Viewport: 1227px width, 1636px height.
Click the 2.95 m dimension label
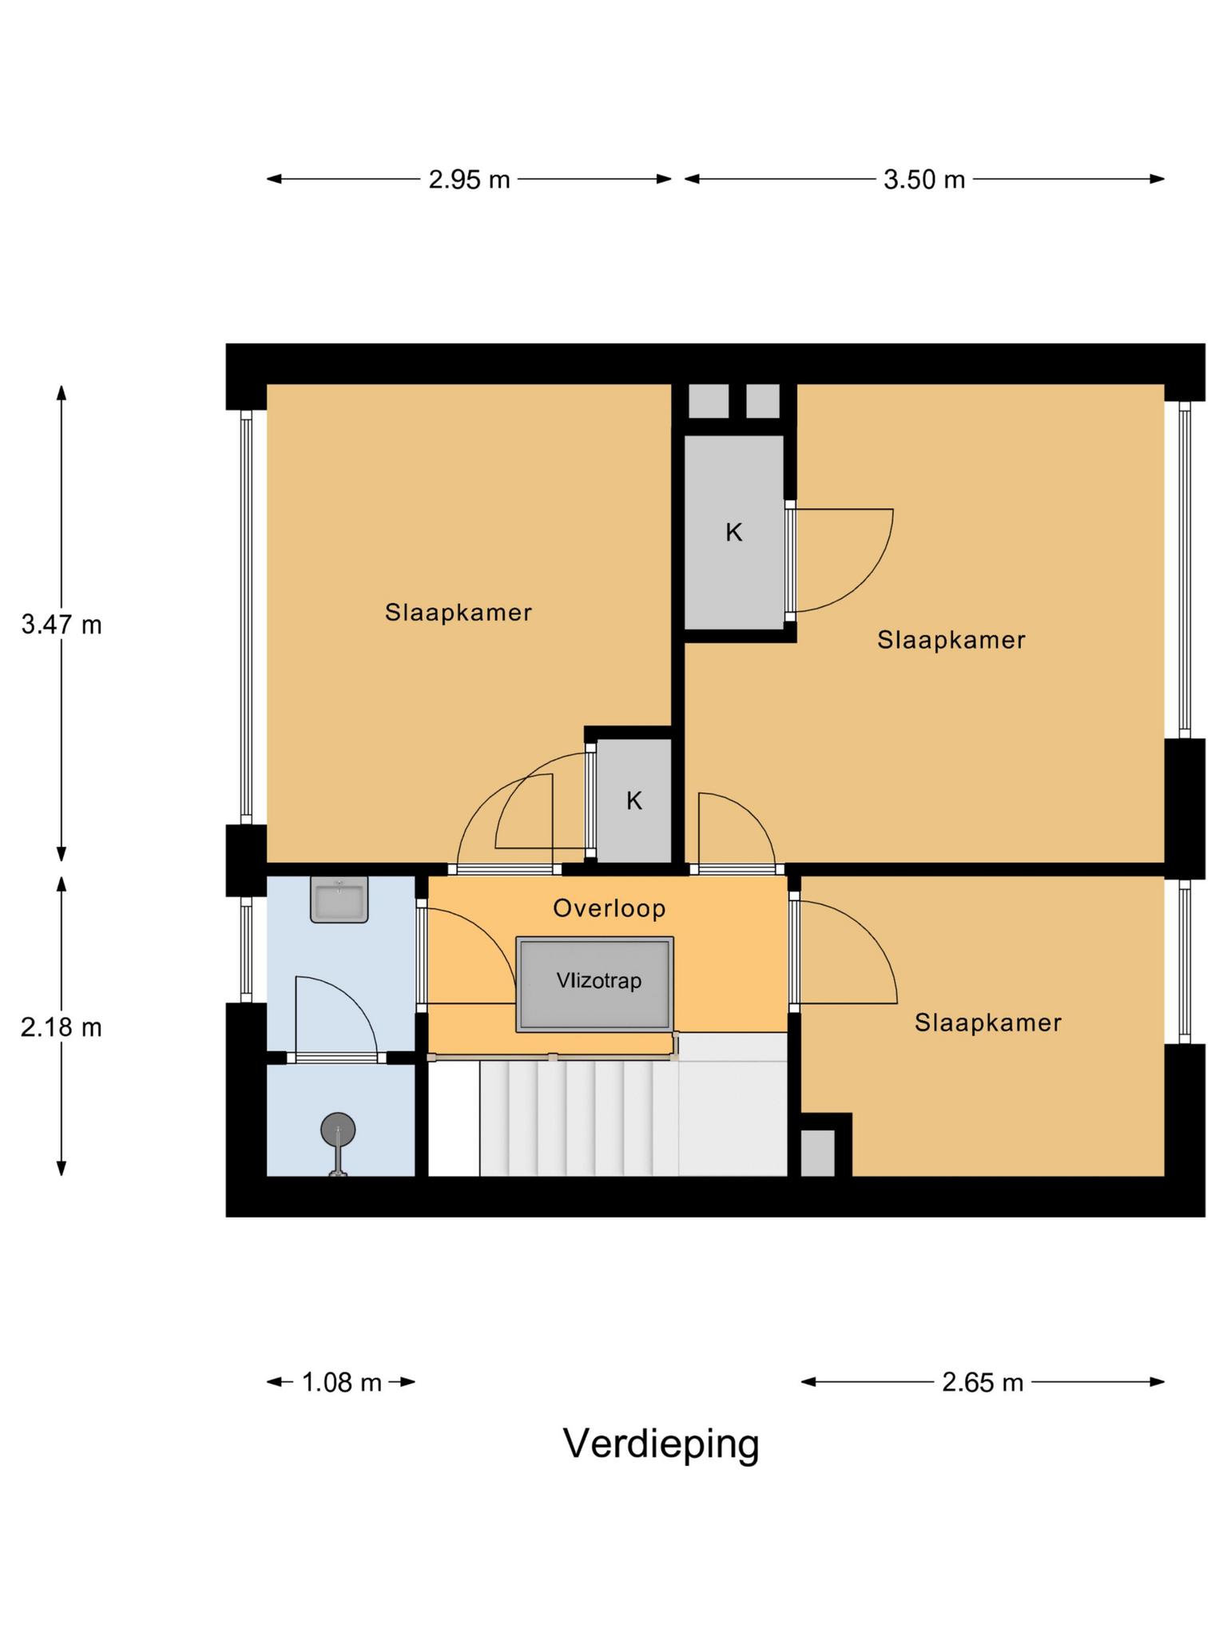tap(469, 180)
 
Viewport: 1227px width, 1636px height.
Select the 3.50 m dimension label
tap(924, 180)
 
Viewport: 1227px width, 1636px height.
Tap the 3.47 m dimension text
tap(62, 624)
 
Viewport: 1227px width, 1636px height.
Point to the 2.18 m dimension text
tap(62, 1027)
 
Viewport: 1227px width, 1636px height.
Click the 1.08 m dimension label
tap(341, 1382)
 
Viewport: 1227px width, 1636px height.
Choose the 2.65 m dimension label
tap(982, 1382)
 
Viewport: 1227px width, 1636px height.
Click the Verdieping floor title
tap(661, 1443)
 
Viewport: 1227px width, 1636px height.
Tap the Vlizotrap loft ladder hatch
tap(594, 984)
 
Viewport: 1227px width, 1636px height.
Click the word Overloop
tap(609, 908)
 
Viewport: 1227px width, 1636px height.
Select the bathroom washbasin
tap(339, 900)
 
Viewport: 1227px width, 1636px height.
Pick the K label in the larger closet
tap(733, 533)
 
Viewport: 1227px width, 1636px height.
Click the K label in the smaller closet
tap(633, 800)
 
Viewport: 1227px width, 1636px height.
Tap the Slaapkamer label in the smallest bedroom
tap(987, 1022)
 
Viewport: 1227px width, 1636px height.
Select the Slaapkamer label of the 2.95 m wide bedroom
tap(458, 613)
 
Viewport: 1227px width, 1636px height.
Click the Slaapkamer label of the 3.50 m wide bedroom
tap(951, 640)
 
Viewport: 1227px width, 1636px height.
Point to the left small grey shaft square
tap(709, 401)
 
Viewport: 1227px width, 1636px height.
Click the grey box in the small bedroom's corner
tap(817, 1153)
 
